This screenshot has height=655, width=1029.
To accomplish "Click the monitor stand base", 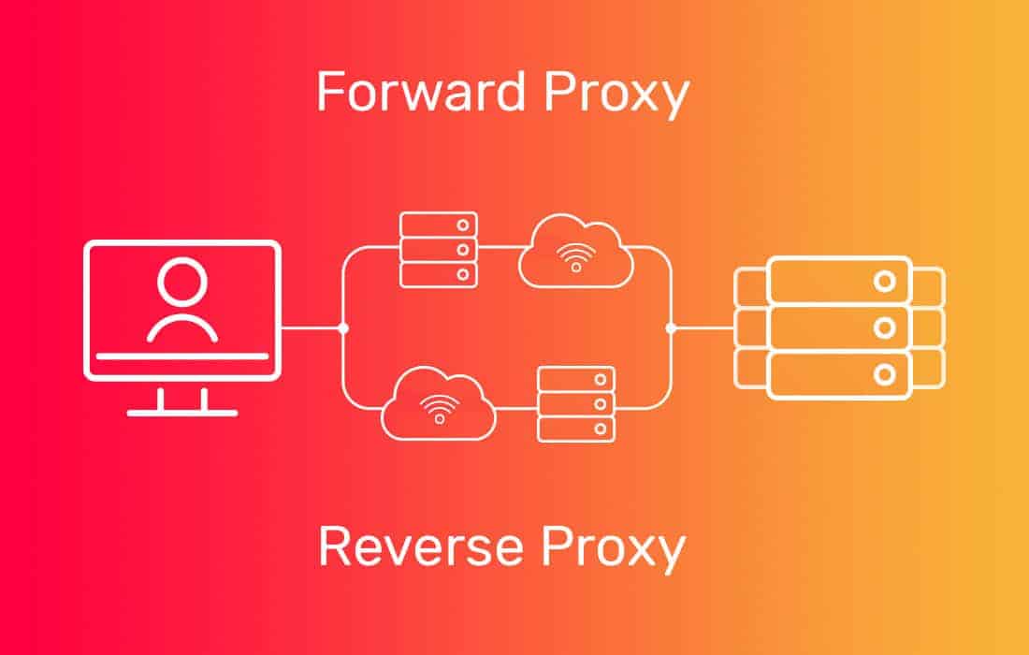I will click(182, 411).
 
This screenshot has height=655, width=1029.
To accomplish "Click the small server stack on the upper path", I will click(439, 249).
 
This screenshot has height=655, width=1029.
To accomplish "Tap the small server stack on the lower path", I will click(576, 403).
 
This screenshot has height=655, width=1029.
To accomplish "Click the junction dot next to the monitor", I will click(343, 328).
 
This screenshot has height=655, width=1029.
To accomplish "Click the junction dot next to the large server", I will click(671, 327).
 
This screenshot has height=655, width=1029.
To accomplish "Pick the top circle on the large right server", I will click(881, 280).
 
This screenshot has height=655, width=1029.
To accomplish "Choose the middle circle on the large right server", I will click(881, 327).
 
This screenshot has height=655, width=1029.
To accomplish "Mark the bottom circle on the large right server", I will click(881, 375).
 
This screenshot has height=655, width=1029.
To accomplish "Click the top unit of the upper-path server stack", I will click(439, 225).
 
